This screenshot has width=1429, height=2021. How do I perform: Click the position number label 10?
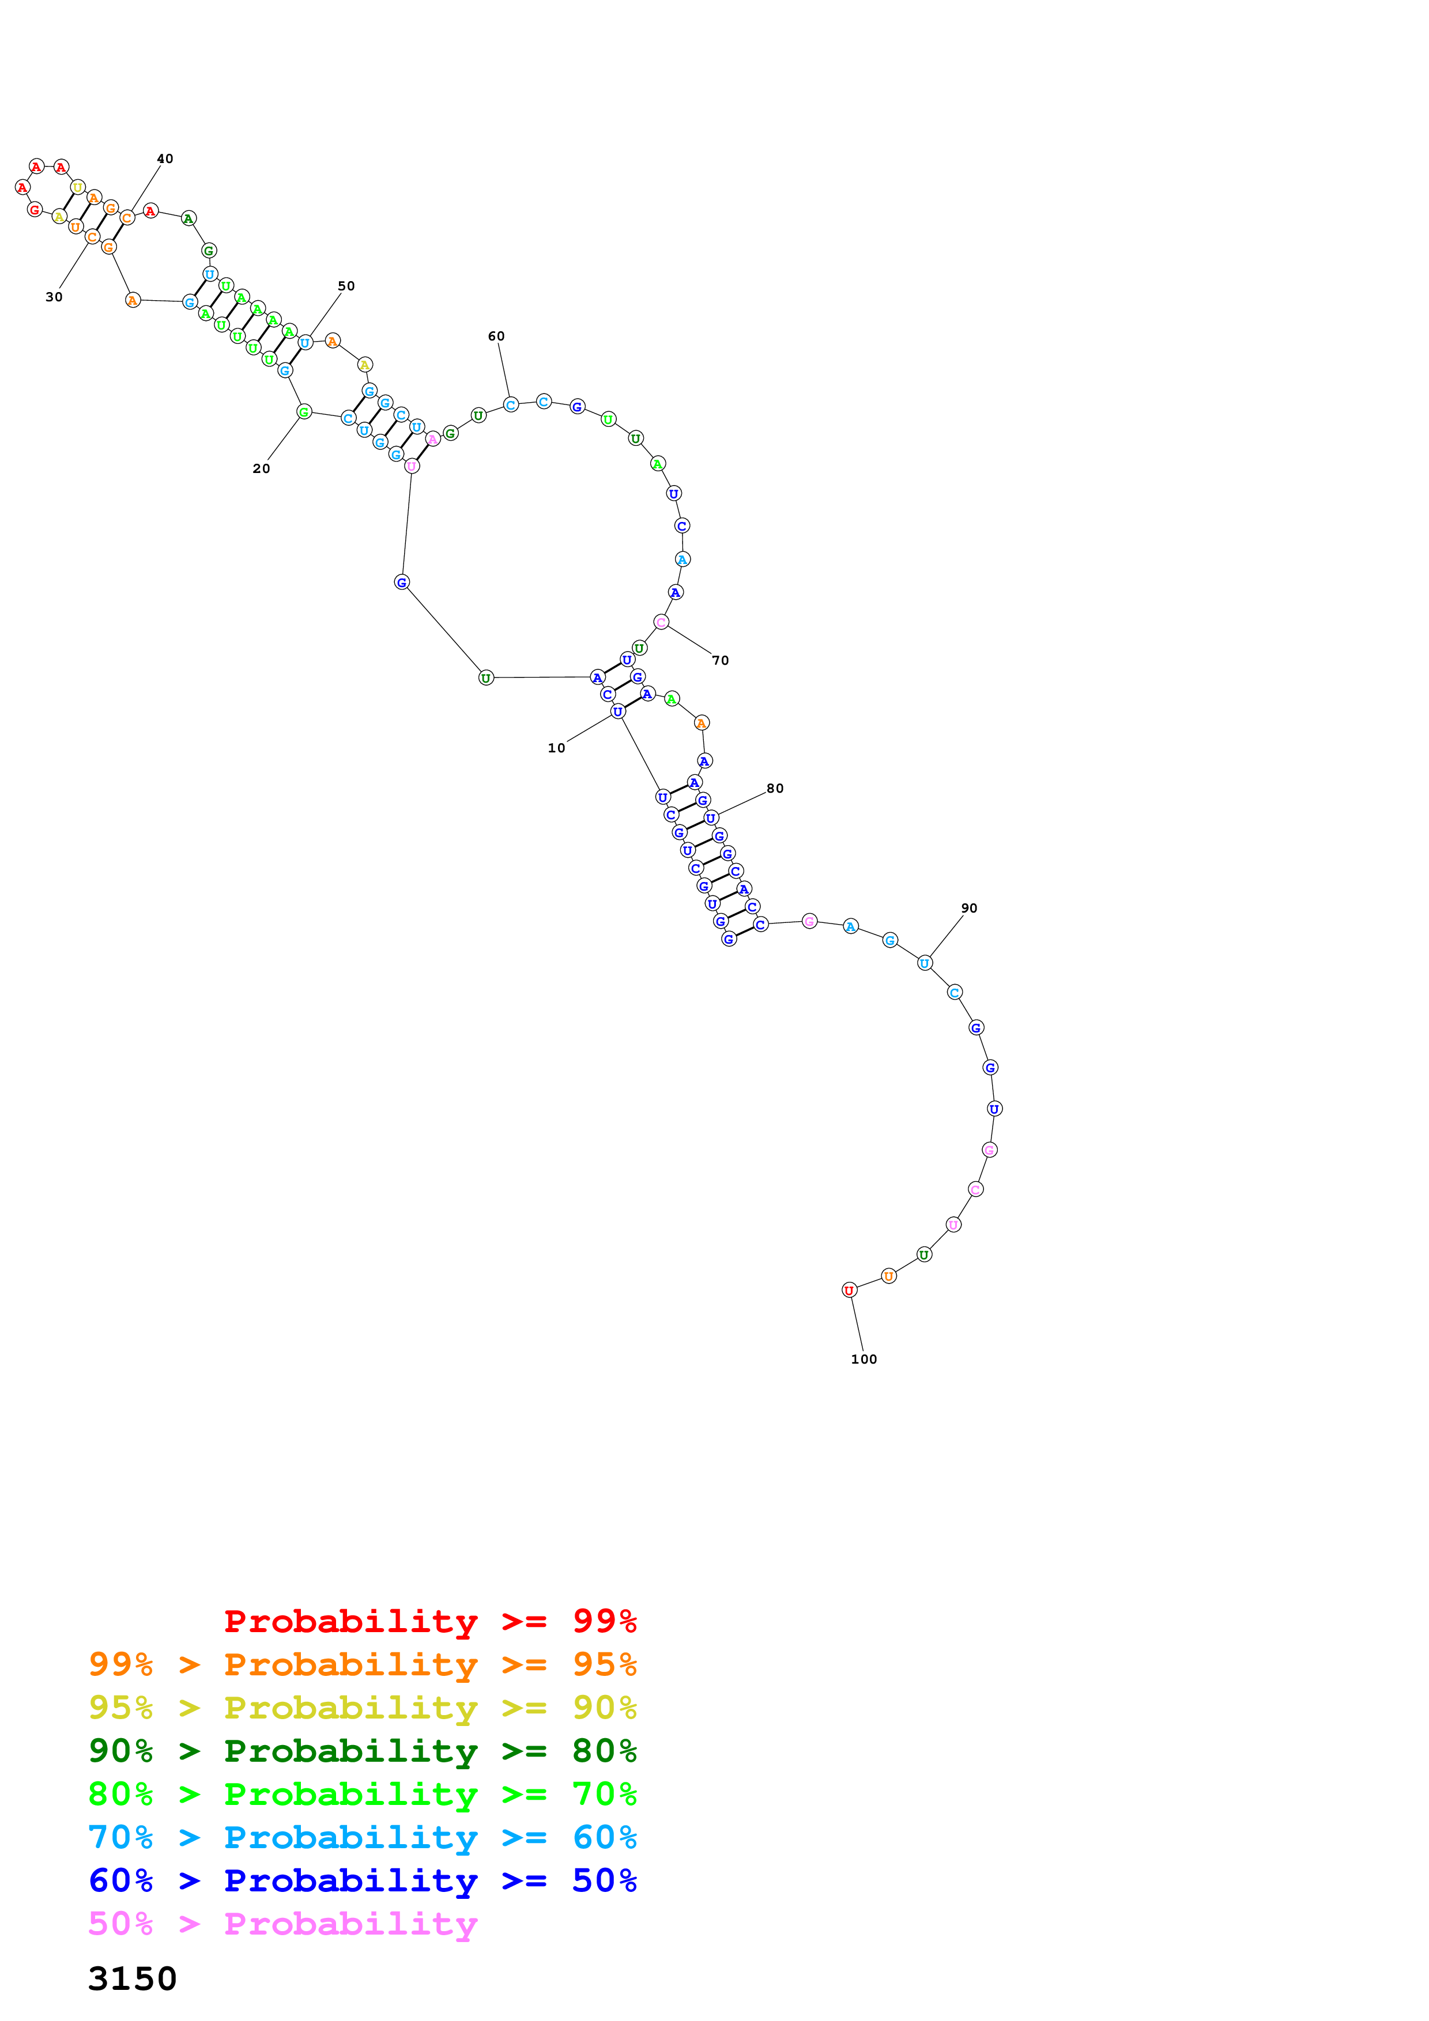coord(556,748)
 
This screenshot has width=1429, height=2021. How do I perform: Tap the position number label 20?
coord(262,468)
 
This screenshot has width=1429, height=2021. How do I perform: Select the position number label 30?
coord(54,297)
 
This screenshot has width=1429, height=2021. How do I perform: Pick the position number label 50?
coord(346,286)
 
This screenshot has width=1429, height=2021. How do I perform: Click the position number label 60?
coord(496,336)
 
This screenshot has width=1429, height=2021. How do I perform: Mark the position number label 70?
coord(720,660)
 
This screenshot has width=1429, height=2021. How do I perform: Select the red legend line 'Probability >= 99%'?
coord(429,1621)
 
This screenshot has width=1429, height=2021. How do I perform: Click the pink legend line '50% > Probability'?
coord(282,1923)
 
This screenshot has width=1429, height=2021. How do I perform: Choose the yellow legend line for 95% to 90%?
coord(362,1707)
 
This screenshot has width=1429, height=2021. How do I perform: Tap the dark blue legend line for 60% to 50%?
coord(362,1880)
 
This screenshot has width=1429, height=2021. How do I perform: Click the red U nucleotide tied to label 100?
coord(849,1290)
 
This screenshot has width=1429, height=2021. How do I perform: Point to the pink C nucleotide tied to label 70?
coord(661,622)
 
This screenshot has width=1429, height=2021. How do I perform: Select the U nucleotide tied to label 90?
coord(925,963)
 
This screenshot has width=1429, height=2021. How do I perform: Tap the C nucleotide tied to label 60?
coord(511,405)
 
